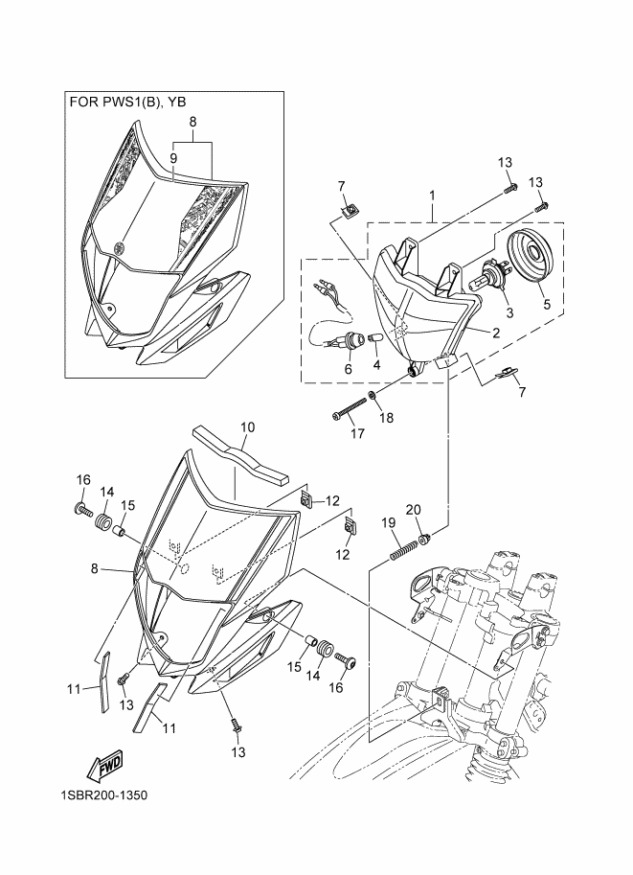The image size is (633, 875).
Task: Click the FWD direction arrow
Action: tap(104, 763)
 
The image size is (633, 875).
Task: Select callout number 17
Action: tap(356, 433)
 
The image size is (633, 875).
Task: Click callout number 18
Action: tap(385, 419)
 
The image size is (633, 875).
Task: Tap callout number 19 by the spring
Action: tap(389, 522)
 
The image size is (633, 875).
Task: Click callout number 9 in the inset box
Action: tap(174, 157)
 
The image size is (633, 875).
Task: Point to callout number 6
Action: tap(348, 368)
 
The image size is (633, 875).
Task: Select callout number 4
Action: tap(375, 364)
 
